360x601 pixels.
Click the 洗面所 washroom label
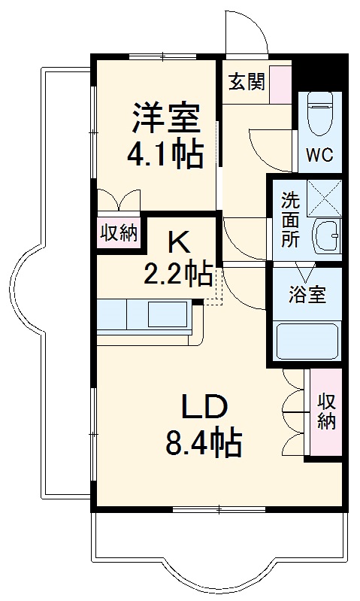(x=290, y=220)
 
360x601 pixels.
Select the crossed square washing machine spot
(x=325, y=197)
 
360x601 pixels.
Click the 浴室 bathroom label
(x=307, y=294)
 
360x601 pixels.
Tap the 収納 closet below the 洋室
(x=119, y=233)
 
